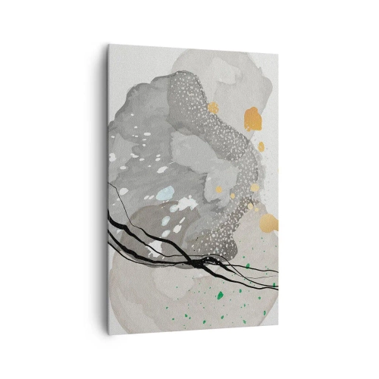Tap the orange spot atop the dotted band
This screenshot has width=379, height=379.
[212, 107]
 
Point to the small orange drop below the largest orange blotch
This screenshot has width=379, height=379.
[261, 146]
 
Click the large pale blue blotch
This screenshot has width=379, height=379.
[164, 192]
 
